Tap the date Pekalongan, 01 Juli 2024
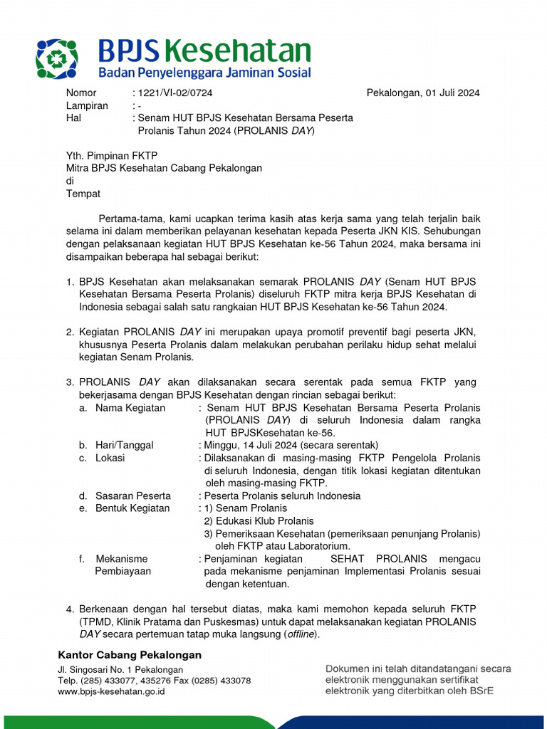coord(423,93)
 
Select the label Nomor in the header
coord(80,93)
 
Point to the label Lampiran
coord(86,105)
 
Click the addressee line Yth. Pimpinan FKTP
coord(111,156)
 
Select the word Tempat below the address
coord(83,194)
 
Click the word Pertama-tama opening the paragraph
coord(132,219)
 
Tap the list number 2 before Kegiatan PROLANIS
coord(70,332)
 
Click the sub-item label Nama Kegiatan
coord(130,408)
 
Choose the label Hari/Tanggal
coord(125,445)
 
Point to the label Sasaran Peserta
coord(133,495)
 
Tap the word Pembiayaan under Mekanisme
coord(123,571)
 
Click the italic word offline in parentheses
coord(300,634)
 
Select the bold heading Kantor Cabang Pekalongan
coord(130,655)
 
